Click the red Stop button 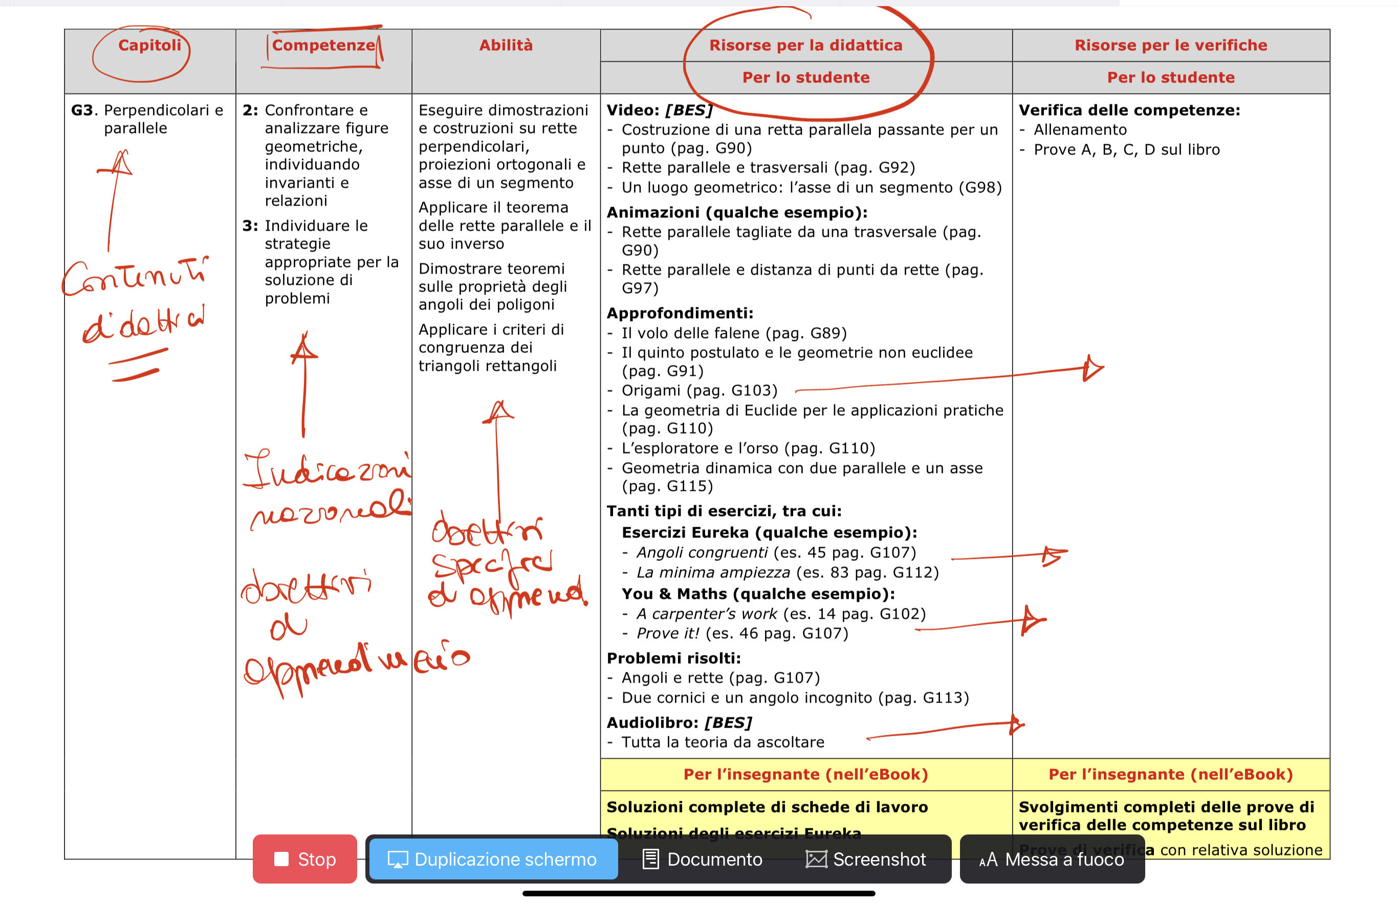pos(304,859)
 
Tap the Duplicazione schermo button pos(493,859)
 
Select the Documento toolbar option pos(703,859)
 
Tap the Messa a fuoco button pos(1052,859)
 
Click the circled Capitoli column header pos(149,45)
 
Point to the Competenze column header pos(323,45)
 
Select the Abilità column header pos(506,45)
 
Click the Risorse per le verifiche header pos(1170,45)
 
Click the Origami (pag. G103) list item pos(699,390)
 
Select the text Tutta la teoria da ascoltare pos(723,742)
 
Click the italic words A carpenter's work pos(707,614)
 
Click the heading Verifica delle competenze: pos(1129,110)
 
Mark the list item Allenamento pos(1080,130)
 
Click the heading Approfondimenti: pos(680,313)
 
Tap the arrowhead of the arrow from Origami pos(1093,369)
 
